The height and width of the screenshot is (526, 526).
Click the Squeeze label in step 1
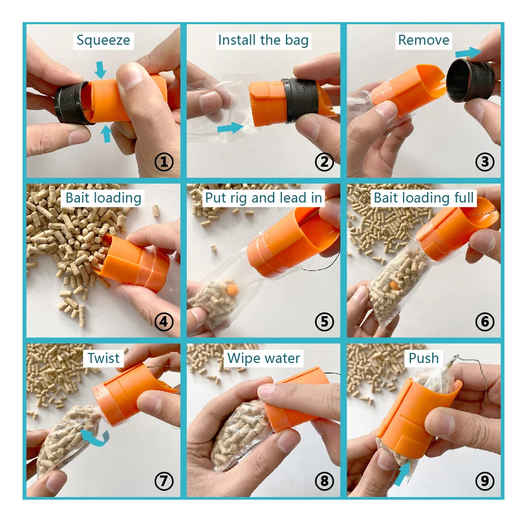coord(103,41)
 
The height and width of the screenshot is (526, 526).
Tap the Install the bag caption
coord(264,41)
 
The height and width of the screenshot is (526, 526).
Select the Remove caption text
coord(423,40)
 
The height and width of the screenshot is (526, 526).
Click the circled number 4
coord(164,322)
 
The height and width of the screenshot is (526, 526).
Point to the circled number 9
coord(485,481)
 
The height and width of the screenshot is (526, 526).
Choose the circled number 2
coord(325,162)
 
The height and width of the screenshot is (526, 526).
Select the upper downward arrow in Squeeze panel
coord(100,70)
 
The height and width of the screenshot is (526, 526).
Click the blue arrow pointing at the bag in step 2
coord(230,128)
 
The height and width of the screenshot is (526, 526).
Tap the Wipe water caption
coord(264,358)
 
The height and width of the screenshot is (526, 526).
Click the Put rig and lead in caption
coord(264,198)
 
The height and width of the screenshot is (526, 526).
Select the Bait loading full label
coord(423,198)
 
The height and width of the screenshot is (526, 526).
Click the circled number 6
coord(485,322)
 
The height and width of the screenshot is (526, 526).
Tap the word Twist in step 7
coord(103,358)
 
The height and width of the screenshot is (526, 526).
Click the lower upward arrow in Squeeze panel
coord(106,134)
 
